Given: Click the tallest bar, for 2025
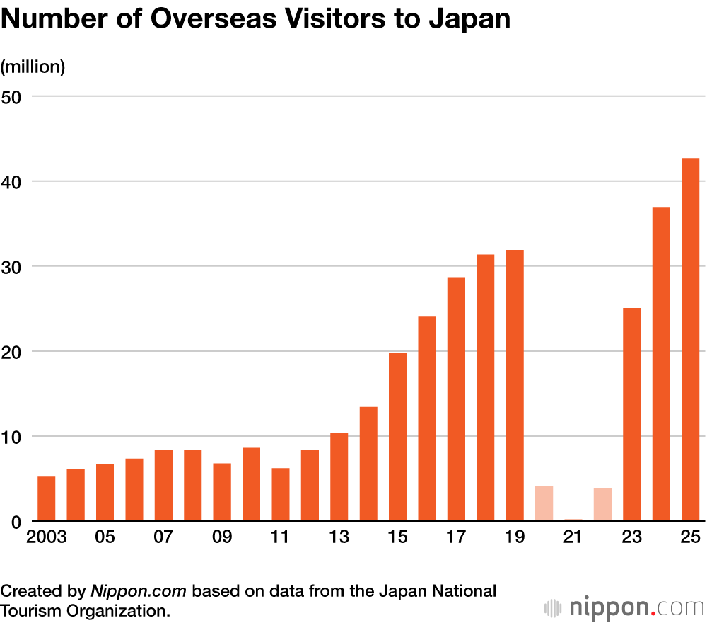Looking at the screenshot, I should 690,340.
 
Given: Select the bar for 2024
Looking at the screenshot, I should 661,365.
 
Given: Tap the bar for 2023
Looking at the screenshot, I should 631,414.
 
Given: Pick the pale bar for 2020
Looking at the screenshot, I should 544,503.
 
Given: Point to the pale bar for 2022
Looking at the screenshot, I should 602,505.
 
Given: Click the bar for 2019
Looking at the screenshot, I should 515,386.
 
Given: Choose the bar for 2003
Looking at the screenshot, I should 46,498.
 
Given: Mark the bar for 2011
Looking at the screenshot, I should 281,494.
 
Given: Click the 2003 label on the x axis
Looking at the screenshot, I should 46,537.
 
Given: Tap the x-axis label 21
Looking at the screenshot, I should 573,537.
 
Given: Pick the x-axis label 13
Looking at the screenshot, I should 339,537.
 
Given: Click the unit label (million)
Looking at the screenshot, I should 33,67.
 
